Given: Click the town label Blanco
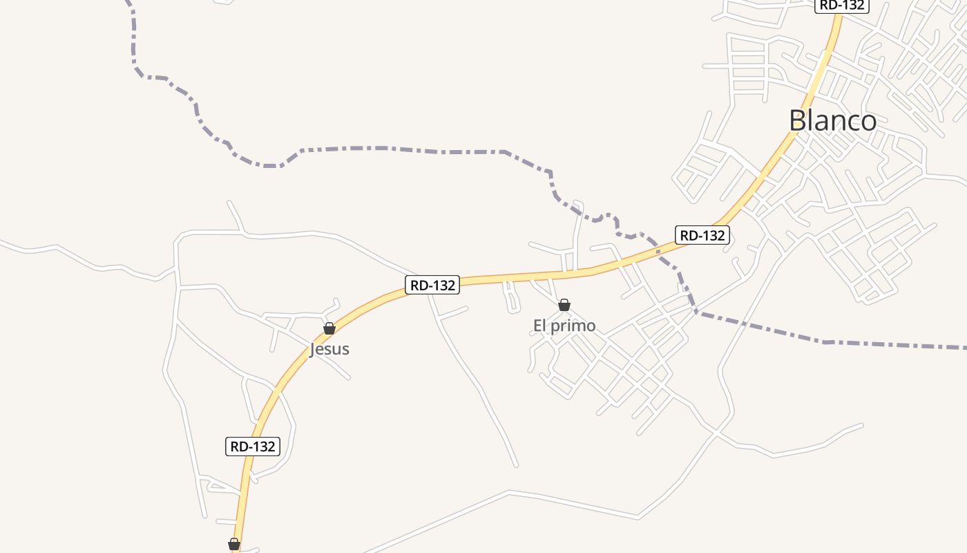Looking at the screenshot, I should tap(832, 121).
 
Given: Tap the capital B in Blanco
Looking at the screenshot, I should tap(798, 121).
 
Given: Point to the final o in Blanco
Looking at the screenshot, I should tap(868, 122).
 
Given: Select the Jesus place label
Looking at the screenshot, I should tap(329, 349).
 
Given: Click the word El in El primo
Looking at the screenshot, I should tap(539, 325).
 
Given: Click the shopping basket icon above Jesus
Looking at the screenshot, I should tap(329, 328).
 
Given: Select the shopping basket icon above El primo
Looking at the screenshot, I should tap(564, 305).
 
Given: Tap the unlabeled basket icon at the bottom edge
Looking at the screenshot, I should tap(234, 545).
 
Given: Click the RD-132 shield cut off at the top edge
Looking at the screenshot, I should tap(841, 6).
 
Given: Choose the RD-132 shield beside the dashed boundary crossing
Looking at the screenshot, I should tap(702, 235).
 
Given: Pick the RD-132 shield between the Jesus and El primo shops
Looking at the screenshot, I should tap(432, 285).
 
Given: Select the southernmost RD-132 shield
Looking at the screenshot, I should tap(253, 447).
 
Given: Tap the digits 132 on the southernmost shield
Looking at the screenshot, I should tap(262, 447).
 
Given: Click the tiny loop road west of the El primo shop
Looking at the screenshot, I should tap(511, 297).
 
